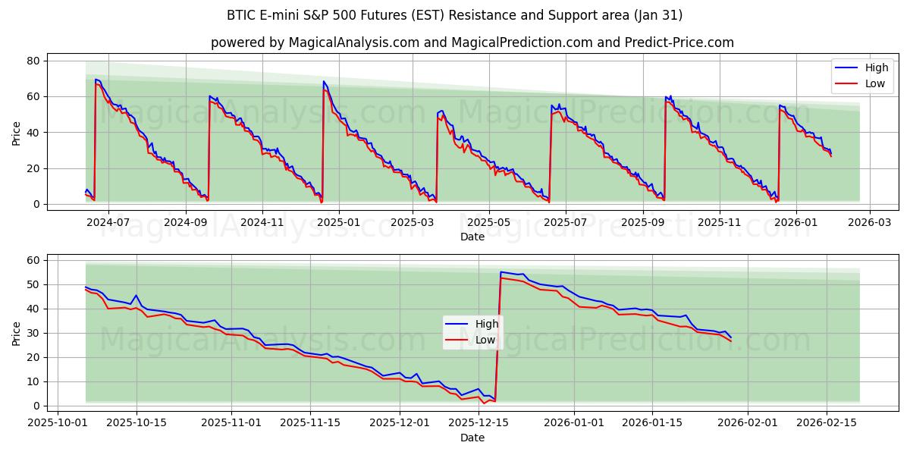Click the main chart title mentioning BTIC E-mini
(454, 15)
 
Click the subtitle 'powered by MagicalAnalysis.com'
(472, 42)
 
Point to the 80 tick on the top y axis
(33, 61)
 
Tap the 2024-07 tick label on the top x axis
(108, 223)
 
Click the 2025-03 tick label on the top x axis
(414, 223)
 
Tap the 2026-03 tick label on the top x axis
(869, 223)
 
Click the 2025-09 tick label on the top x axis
(643, 223)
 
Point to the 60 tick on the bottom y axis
(33, 260)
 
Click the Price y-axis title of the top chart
(17, 133)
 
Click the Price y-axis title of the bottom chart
(17, 333)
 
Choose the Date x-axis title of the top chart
(472, 237)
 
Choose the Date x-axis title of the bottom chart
(472, 438)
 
